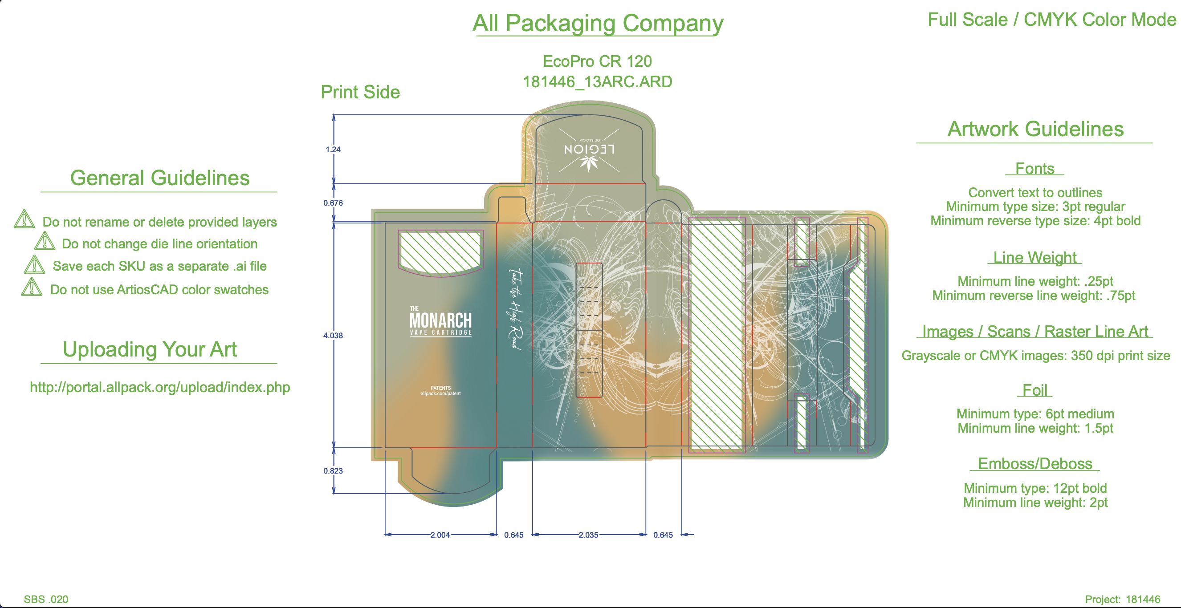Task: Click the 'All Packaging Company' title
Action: point(597,23)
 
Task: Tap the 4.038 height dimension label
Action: point(333,336)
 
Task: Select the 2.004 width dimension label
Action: point(440,535)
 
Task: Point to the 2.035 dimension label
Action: point(588,535)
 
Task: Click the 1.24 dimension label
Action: point(333,150)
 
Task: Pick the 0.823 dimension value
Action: point(333,470)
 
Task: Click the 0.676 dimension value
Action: point(333,203)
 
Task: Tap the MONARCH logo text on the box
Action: point(440,320)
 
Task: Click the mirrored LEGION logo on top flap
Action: point(589,150)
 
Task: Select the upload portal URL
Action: point(159,387)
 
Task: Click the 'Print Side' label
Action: point(360,92)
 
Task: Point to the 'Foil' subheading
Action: point(1035,390)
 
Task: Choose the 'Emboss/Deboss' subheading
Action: point(1035,464)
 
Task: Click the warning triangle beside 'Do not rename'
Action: point(24,219)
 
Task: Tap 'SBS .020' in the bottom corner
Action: point(46,599)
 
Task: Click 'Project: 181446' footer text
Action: point(1122,599)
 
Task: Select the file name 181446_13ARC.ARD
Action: point(597,82)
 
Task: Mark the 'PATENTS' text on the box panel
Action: point(440,388)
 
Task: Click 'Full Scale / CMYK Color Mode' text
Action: point(1052,20)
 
